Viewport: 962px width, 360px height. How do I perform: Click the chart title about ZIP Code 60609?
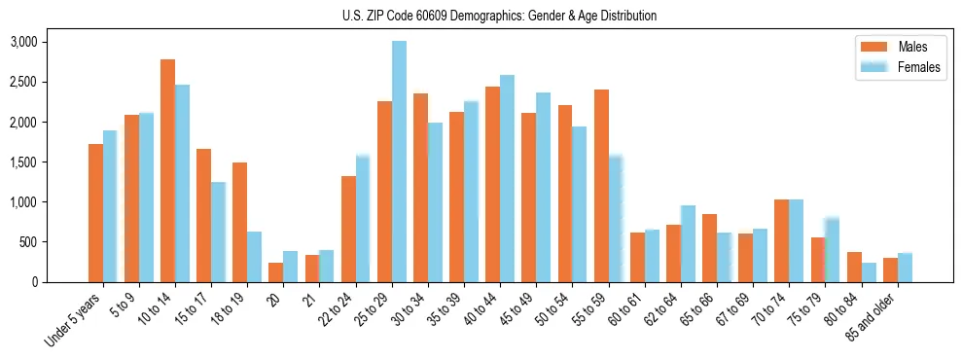point(499,16)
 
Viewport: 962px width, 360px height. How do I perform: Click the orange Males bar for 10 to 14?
point(167,170)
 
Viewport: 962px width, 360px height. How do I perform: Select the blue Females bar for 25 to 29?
point(399,162)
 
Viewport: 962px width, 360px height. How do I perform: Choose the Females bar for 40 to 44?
point(507,178)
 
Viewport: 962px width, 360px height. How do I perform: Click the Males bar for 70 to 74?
point(781,240)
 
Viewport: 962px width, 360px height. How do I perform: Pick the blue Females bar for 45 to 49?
point(543,187)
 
